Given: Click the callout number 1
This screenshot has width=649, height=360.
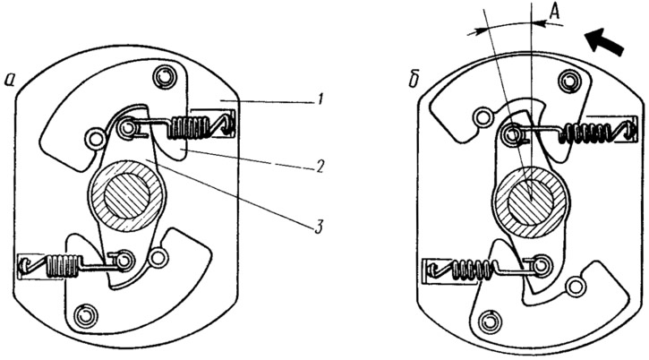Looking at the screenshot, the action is pyautogui.click(x=318, y=100).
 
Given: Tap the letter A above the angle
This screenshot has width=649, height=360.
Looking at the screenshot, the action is pyautogui.click(x=554, y=13).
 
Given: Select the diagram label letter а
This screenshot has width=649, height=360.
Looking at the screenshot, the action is pyautogui.click(x=10, y=81).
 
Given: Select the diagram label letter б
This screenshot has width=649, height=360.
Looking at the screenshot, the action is pyautogui.click(x=414, y=81).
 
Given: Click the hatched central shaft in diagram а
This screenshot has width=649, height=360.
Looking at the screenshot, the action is pyautogui.click(x=126, y=195).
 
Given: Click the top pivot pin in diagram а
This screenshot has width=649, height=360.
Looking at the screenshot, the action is pyautogui.click(x=164, y=76).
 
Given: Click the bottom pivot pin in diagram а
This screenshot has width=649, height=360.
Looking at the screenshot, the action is pyautogui.click(x=85, y=316).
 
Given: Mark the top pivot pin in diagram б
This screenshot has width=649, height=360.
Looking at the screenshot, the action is pyautogui.click(x=569, y=81).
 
